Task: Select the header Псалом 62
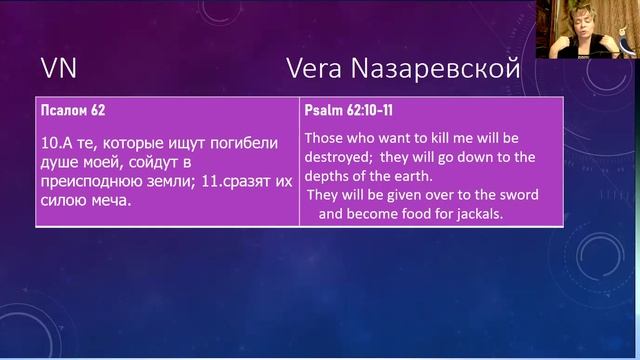(x=72, y=108)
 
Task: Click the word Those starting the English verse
(x=323, y=136)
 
